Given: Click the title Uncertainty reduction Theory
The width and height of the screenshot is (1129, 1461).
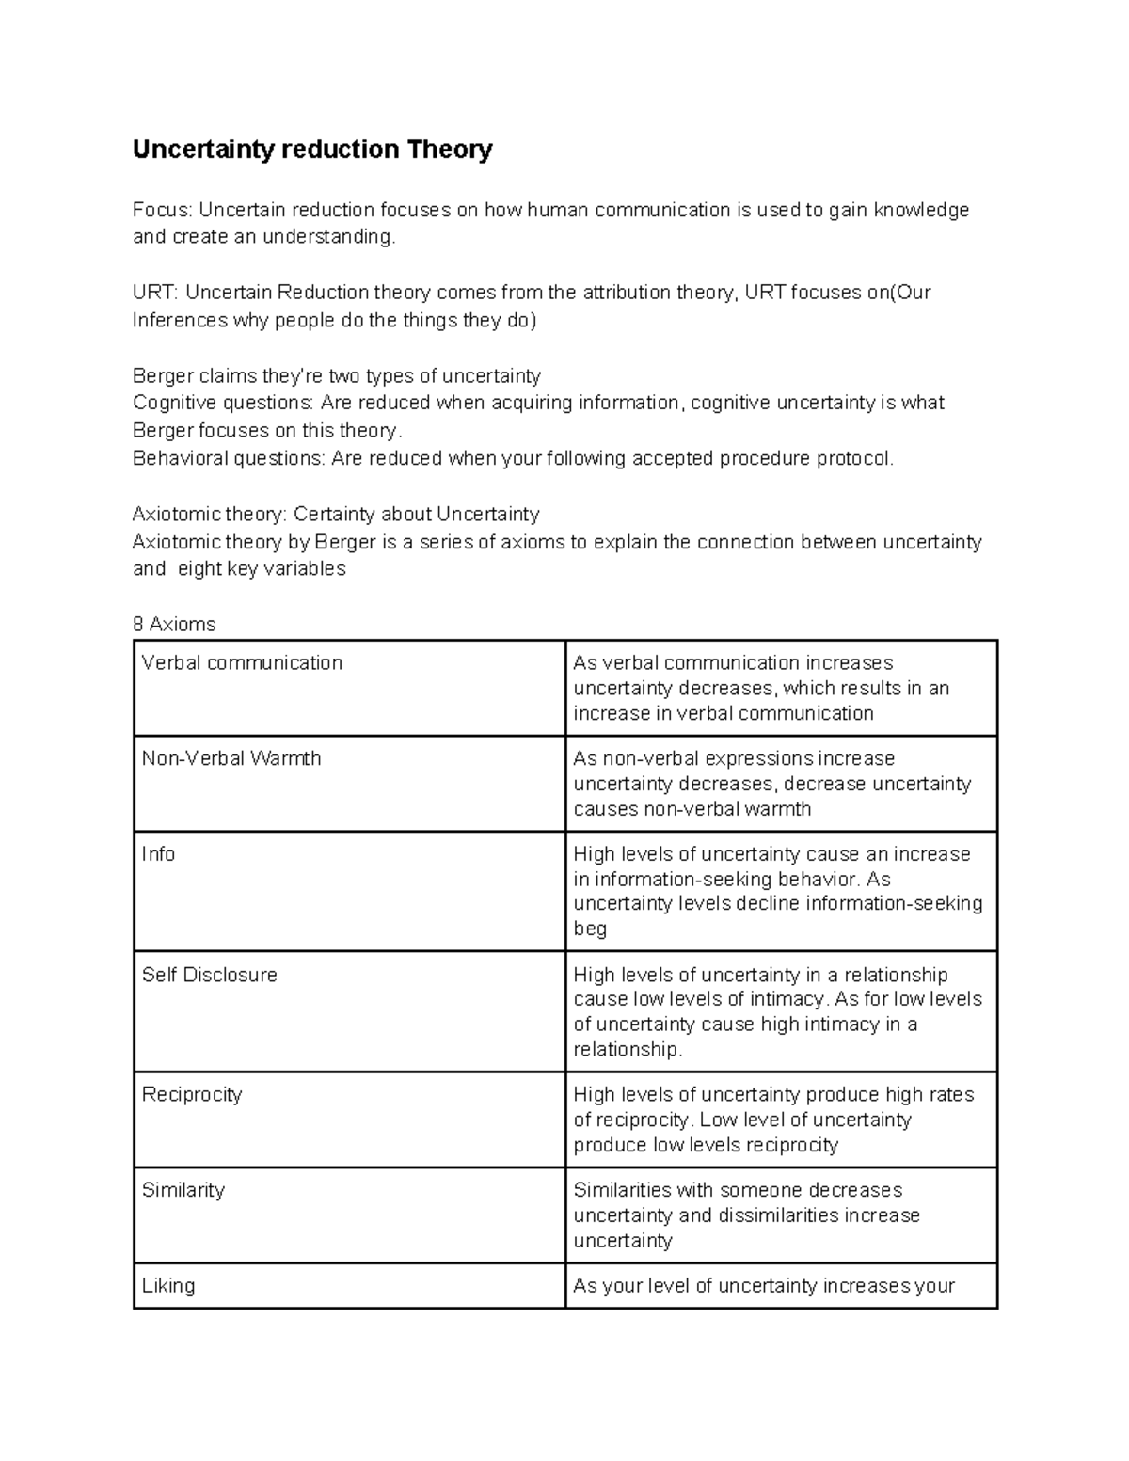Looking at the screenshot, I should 311,150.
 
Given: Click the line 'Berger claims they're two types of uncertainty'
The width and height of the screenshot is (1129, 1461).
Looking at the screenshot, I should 336,376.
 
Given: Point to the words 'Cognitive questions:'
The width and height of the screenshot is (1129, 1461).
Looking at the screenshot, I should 223,403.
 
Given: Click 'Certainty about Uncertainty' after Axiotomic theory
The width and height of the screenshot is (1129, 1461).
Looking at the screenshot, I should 417,514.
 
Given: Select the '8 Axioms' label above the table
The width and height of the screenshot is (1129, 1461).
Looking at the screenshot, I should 174,625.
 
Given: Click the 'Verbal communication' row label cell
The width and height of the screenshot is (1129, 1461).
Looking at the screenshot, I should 242,663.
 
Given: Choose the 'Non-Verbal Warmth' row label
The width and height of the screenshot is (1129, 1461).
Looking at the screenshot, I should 231,758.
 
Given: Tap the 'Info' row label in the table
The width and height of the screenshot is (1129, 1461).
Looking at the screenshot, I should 158,854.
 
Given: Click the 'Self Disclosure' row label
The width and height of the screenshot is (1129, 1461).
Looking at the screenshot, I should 209,975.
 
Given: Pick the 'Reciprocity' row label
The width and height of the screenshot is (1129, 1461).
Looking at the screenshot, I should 192,1095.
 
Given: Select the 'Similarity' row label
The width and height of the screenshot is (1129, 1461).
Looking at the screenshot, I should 183,1190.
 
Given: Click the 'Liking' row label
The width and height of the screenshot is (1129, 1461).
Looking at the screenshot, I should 168,1286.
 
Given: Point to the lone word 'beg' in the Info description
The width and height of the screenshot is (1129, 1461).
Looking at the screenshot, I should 590,929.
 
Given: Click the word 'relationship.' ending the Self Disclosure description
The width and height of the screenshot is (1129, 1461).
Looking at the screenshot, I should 628,1050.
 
